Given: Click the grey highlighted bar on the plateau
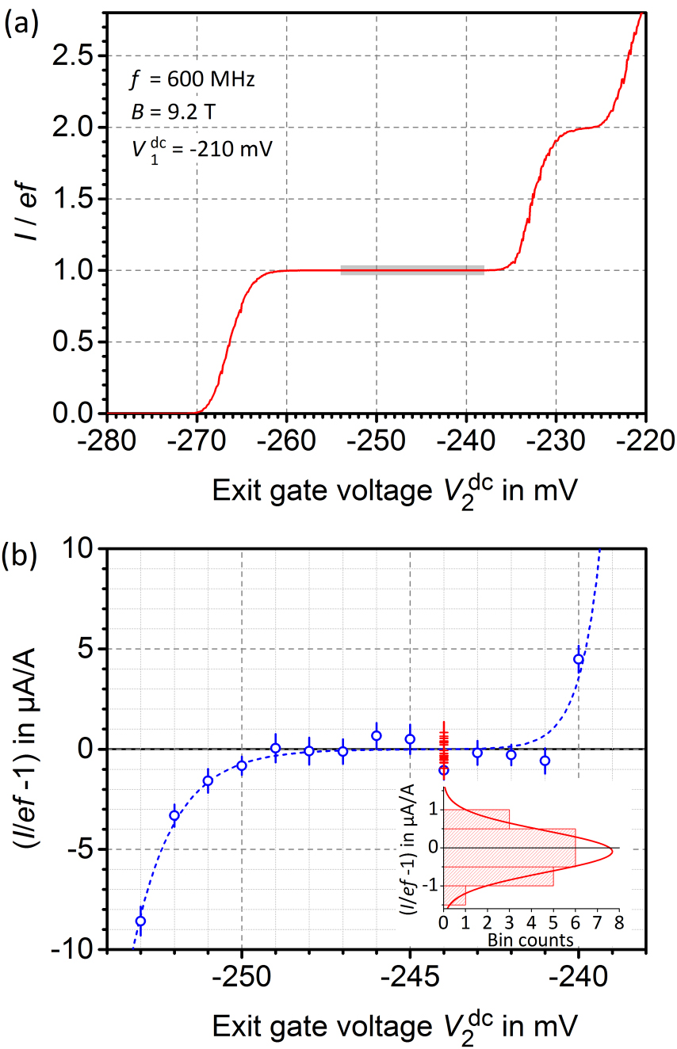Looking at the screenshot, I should pyautogui.click(x=412, y=270).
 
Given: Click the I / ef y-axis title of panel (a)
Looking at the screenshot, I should pyautogui.click(x=25, y=216).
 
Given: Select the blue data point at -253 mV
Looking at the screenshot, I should pyautogui.click(x=140, y=921).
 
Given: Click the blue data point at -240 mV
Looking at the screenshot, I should pyautogui.click(x=579, y=659).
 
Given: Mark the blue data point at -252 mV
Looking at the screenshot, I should pyautogui.click(x=174, y=815).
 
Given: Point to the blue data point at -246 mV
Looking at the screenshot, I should pyautogui.click(x=377, y=736).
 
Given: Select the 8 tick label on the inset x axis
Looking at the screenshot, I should pyautogui.click(x=619, y=923).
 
